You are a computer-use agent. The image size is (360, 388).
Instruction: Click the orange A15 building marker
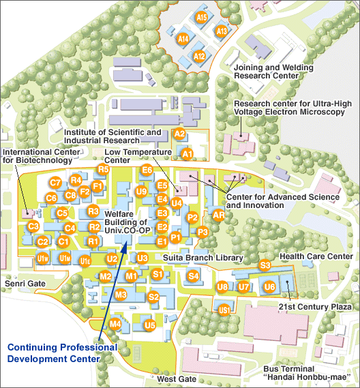click(202, 17)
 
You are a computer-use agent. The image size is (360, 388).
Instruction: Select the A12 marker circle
click(199, 57)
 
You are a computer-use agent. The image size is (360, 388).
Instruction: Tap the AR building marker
click(219, 215)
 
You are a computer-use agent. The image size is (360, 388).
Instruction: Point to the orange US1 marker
click(224, 310)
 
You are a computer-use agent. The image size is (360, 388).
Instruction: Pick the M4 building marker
click(115, 323)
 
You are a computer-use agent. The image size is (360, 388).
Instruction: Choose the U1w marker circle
click(42, 258)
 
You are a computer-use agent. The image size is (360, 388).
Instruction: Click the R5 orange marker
click(104, 169)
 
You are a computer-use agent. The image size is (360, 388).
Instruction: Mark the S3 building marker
click(265, 265)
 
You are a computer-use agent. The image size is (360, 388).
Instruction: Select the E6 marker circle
click(147, 170)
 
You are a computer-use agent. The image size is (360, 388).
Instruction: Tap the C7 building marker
click(55, 183)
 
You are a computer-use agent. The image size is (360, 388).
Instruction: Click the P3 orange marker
click(202, 232)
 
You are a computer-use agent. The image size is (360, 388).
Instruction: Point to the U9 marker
click(141, 192)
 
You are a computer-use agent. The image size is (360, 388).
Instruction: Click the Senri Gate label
click(25, 284)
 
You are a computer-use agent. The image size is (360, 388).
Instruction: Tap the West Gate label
click(177, 378)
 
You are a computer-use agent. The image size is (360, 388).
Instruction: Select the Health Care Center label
click(316, 256)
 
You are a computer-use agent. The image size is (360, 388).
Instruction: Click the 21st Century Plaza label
click(315, 307)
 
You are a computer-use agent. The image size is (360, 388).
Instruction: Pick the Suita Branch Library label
click(203, 258)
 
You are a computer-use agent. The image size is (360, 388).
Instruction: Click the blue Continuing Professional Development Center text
click(62, 353)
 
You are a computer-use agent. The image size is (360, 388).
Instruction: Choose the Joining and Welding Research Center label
click(273, 72)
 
